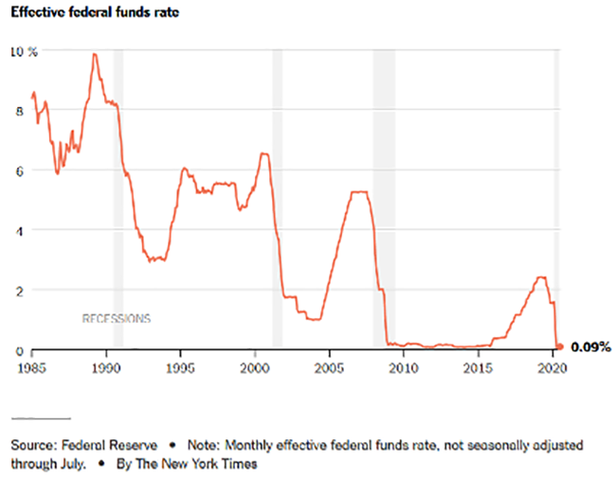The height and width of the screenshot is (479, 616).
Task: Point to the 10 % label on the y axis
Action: (x=24, y=51)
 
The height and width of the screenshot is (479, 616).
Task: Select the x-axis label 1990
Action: (x=106, y=364)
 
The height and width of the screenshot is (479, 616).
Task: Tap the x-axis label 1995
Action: (x=181, y=364)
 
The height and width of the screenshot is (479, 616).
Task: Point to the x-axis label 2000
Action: (x=255, y=364)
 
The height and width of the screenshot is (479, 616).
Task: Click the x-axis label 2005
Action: (x=329, y=364)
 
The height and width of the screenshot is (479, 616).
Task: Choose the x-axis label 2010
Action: (x=404, y=364)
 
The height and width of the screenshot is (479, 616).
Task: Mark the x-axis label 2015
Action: (x=478, y=364)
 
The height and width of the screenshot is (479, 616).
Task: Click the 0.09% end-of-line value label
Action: (x=589, y=348)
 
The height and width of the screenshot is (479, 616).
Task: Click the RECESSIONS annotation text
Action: (x=116, y=318)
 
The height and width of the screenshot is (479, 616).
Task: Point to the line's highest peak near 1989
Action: (x=94, y=55)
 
